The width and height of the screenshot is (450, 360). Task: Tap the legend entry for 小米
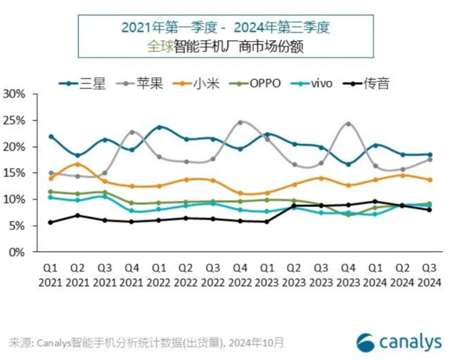click(193, 83)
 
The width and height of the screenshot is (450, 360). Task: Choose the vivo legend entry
click(313, 83)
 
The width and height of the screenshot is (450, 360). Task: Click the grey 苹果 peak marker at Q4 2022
click(240, 122)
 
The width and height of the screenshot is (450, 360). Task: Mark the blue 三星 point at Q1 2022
click(159, 127)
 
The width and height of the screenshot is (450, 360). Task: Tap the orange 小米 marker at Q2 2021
click(77, 164)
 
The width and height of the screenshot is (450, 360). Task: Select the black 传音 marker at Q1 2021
click(50, 222)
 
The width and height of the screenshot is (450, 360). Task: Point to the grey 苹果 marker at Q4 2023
click(348, 124)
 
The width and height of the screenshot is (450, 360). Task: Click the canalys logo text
click(409, 342)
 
